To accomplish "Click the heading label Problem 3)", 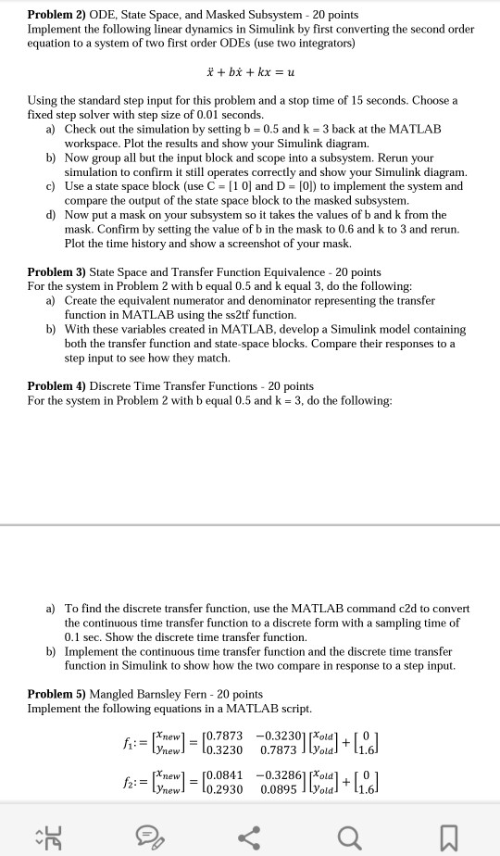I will (x=56, y=272).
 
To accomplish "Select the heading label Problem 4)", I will (x=56, y=386).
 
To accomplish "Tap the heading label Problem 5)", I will (x=56, y=694).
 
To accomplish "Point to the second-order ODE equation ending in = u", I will (x=249, y=71).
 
